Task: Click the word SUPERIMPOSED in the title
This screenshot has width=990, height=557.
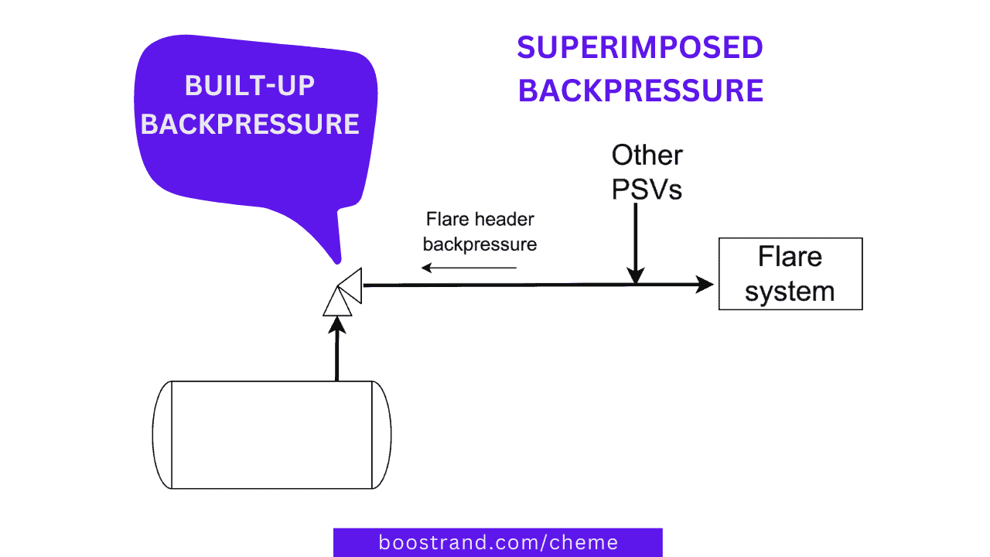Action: [x=640, y=48]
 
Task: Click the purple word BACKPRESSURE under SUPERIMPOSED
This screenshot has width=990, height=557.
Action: [x=640, y=91]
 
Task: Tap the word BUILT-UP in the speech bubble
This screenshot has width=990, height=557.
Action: [x=250, y=86]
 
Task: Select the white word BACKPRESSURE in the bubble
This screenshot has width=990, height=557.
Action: [x=250, y=124]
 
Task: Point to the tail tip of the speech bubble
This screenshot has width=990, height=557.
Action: [x=336, y=260]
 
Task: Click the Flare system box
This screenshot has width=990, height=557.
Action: [x=790, y=274]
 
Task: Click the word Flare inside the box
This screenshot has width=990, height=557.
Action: [x=790, y=256]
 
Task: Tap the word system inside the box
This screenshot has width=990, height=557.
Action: [x=790, y=292]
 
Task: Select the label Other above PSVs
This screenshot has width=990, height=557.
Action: [x=647, y=155]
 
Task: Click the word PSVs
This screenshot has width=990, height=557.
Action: [x=647, y=190]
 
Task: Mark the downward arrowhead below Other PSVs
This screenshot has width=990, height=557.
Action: [x=635, y=275]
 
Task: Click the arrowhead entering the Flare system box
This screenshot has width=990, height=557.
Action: [x=704, y=285]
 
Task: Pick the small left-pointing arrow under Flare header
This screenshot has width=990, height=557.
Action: [x=469, y=268]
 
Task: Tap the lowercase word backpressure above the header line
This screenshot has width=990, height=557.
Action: [x=480, y=244]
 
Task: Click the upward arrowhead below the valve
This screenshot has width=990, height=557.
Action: [x=337, y=326]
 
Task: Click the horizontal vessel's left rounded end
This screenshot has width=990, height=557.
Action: [x=162, y=435]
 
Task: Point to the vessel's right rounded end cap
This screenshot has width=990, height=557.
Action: [x=383, y=435]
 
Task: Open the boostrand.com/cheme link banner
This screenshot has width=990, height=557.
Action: [x=497, y=542]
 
